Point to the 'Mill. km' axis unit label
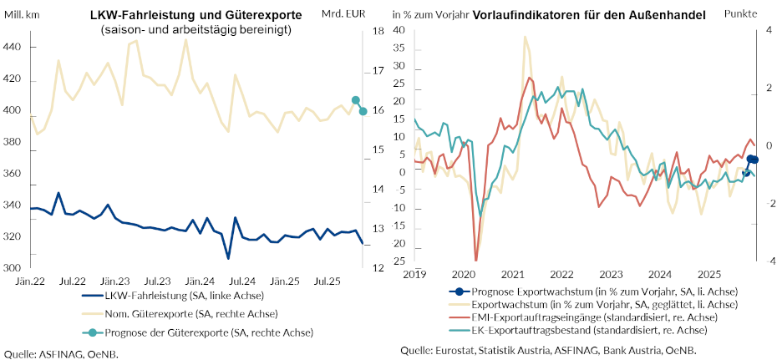25,16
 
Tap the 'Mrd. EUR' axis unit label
344,16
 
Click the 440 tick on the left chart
13,48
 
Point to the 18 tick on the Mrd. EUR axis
378,31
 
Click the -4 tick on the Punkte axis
769,261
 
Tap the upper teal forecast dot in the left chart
356,100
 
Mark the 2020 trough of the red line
476,260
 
